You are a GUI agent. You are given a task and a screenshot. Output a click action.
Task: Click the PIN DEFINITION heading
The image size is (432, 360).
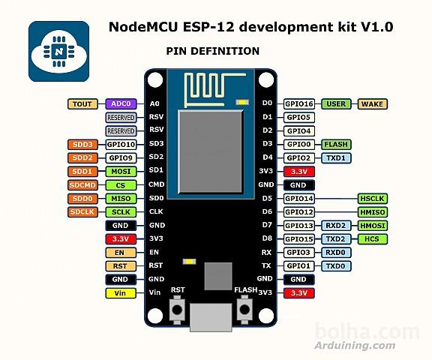[212, 51]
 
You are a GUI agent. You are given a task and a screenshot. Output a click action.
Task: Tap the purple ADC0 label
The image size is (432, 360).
[121, 104]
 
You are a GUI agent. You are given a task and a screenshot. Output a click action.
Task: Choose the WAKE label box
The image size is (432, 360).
[373, 104]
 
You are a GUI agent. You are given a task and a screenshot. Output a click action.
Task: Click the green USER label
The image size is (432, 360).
[337, 104]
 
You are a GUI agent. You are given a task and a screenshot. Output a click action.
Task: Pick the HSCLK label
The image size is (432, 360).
[373, 199]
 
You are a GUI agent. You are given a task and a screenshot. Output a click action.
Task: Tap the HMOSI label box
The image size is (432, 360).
[373, 226]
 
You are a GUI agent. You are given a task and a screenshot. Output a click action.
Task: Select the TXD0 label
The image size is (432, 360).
[335, 266]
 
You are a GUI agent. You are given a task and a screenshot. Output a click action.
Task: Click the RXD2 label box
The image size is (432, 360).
[335, 226]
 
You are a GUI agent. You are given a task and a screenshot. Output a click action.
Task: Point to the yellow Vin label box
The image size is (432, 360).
[121, 293]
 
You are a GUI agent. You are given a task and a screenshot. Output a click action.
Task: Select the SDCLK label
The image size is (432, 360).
[82, 212]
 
